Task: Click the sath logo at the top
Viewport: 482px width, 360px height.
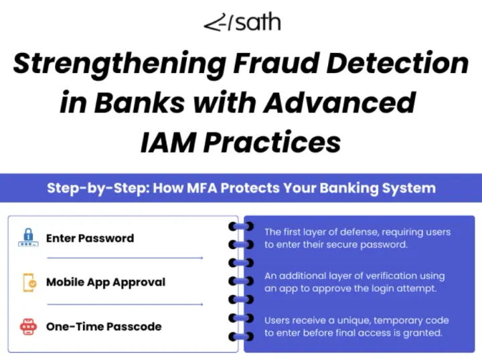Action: [x=242, y=23]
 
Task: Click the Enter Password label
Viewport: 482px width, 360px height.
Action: [x=90, y=238]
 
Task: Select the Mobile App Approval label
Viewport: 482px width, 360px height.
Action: [x=105, y=282]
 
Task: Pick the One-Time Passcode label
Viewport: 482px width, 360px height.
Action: [x=104, y=327]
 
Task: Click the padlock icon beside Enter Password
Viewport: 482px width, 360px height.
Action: [x=28, y=238]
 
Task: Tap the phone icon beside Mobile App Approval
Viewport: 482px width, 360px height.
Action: [x=28, y=282]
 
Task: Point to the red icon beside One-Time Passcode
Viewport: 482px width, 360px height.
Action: [x=28, y=327]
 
